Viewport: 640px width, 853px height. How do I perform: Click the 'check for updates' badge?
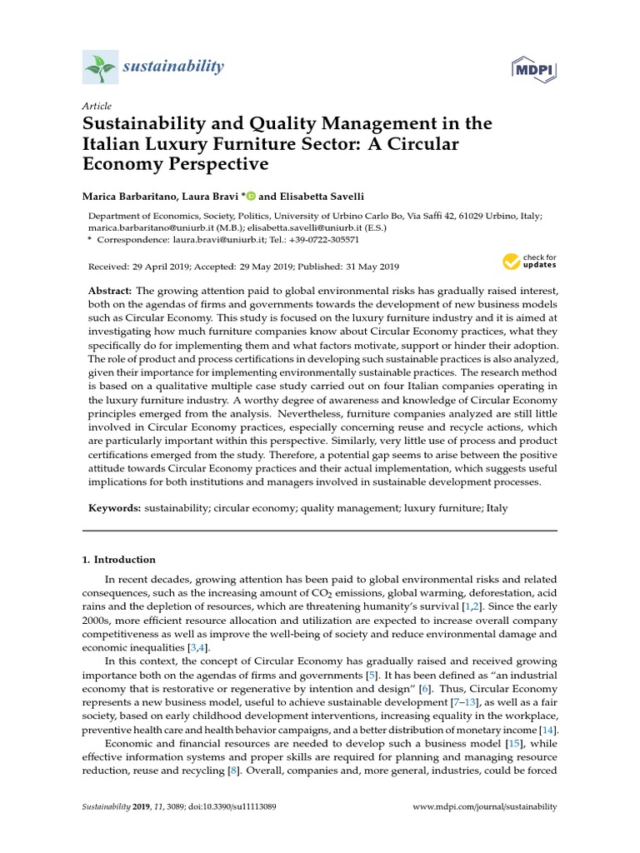(x=528, y=262)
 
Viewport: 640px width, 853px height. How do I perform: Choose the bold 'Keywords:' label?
(x=114, y=507)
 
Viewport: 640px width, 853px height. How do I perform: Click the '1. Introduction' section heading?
(x=118, y=560)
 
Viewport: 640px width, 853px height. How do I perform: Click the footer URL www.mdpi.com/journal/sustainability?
(x=485, y=807)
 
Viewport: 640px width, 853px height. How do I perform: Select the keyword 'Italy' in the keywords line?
(x=497, y=507)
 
